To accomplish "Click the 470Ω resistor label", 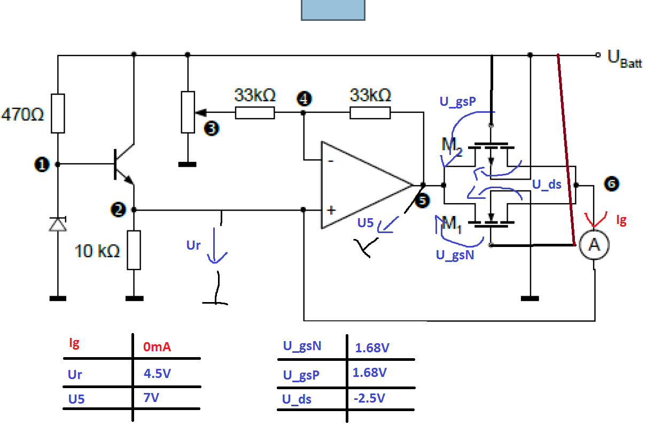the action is [22, 114].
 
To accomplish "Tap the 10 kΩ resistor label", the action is [97, 251].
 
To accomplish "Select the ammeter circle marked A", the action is [594, 245].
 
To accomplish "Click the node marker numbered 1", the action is [42, 165].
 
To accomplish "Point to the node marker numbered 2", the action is [118, 210].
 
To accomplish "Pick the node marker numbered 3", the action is [212, 128].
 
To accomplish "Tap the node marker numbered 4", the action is [304, 99].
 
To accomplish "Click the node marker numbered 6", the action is [612, 184].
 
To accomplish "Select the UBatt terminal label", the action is [625, 59].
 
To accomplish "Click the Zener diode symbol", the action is [58, 224].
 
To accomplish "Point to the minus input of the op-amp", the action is [331, 161].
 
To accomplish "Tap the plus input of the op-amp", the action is [331, 210].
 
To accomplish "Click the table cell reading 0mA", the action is [157, 347].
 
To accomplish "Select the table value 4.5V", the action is [158, 374].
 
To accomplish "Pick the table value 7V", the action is [151, 398].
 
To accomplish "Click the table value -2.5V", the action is [369, 398].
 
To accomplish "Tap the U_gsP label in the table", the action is [301, 375].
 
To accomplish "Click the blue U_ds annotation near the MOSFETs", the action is [547, 184].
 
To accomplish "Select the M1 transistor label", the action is [452, 224].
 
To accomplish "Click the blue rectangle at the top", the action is [333, 10].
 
